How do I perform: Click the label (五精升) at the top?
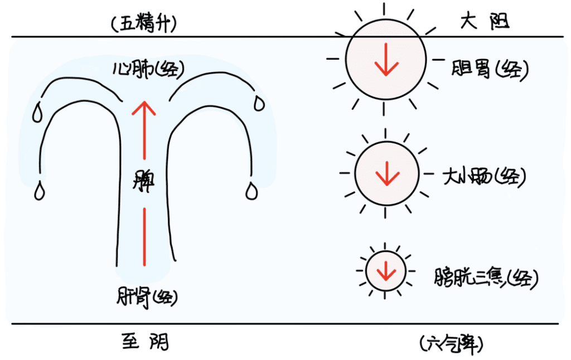pos(144,24)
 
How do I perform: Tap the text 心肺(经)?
pos(148,69)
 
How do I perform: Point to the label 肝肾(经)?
pos(147,298)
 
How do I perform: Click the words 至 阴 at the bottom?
pos(146,342)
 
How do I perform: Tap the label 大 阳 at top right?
pos(485,21)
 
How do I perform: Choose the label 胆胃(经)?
pos(490,69)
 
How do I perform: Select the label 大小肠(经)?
pos(484,177)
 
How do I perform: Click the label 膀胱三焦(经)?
pos(486,279)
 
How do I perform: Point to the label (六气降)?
pos(452,344)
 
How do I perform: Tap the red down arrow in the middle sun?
pos(387,173)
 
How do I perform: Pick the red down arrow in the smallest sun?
pos(386,271)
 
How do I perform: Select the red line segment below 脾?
pos(144,237)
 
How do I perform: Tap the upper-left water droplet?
pos(37,113)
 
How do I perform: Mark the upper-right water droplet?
pos(259,104)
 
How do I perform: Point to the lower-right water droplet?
pos(251,191)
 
